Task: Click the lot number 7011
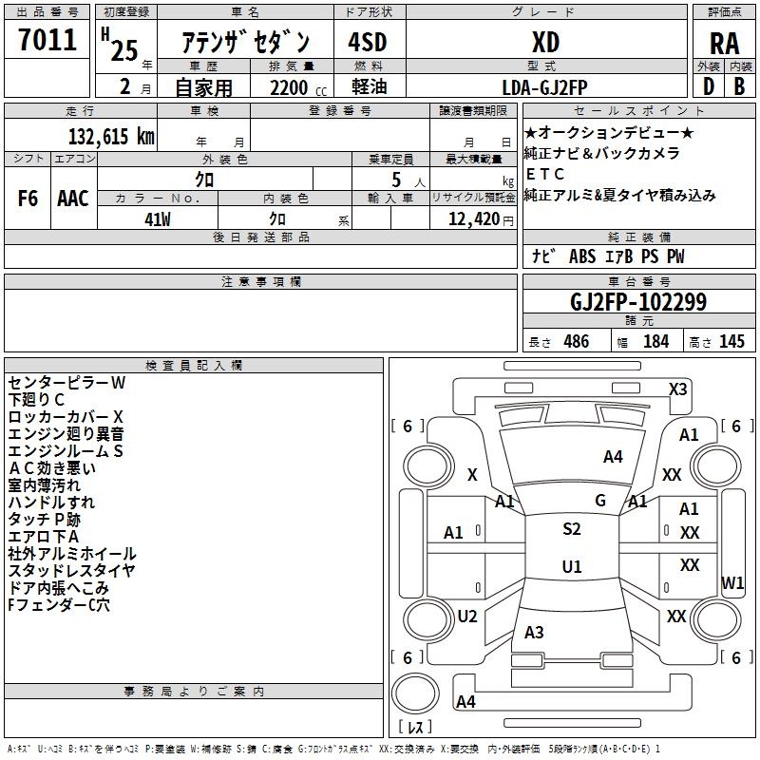47,39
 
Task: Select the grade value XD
545,42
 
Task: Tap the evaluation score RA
724,44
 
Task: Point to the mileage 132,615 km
111,137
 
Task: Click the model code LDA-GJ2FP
544,87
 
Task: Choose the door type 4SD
368,42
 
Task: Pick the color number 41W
158,219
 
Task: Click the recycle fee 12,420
474,219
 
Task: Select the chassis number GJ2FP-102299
638,302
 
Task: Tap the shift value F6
28,199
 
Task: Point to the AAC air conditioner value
73,199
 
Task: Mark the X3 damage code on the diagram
677,389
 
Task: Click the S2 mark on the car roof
572,529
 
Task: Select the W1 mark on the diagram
732,582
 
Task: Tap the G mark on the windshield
600,501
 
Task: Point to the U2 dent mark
467,616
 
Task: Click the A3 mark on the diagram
534,632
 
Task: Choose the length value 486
577,341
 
